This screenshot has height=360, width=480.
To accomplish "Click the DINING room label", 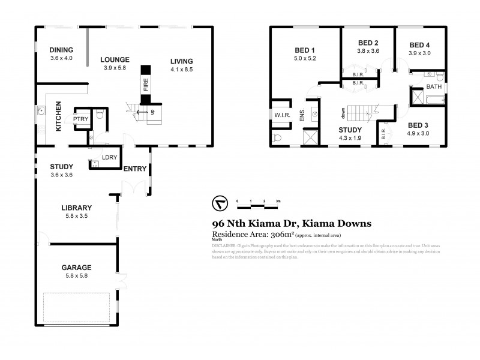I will tap(61, 50).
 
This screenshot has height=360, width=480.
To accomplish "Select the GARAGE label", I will tap(76, 267).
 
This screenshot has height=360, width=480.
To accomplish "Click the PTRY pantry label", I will tap(80, 119).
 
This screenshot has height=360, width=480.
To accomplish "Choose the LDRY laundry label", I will tap(109, 158).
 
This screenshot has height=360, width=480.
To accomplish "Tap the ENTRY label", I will tap(134, 169).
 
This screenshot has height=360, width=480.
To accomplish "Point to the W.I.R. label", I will tap(282, 115).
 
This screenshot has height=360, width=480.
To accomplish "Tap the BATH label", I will tap(433, 87).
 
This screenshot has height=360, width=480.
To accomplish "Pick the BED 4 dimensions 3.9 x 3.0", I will tap(420, 53).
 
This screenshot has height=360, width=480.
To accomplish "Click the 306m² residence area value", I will tap(274, 235).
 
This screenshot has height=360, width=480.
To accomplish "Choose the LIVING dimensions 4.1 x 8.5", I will tap(181, 69).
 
